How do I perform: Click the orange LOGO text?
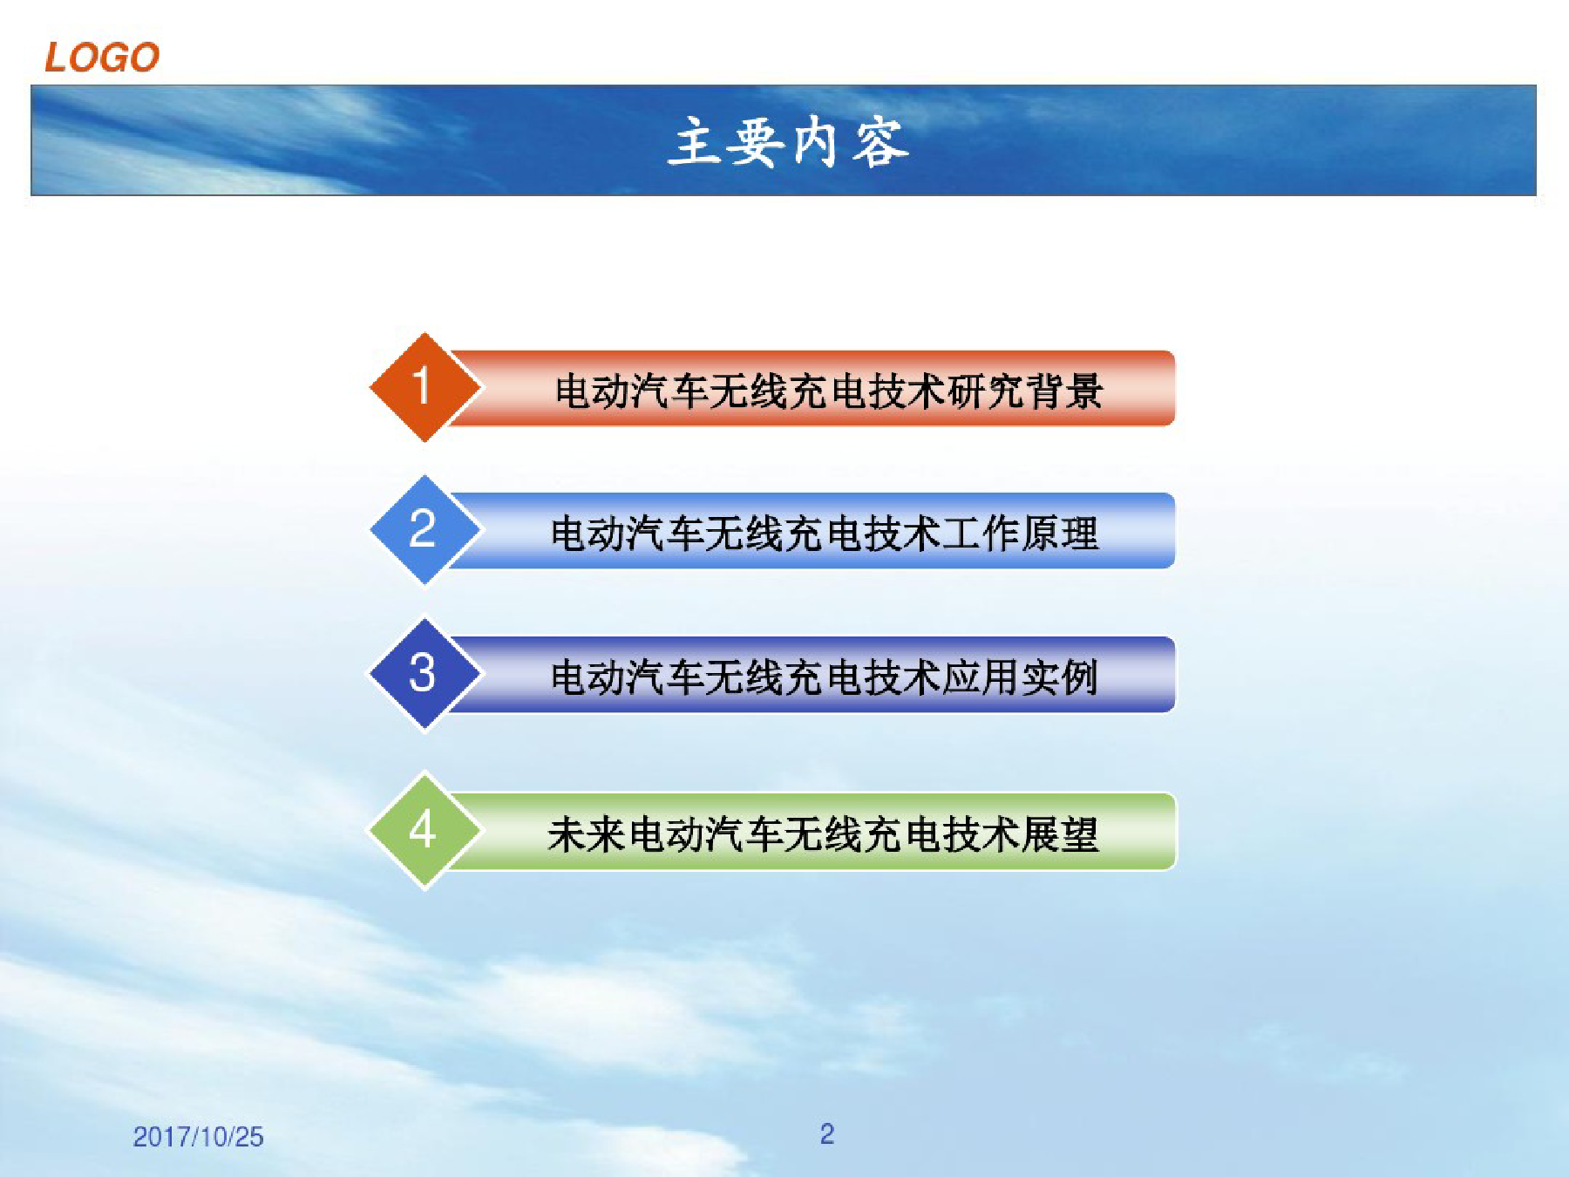(x=102, y=58)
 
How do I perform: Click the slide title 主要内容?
(x=789, y=142)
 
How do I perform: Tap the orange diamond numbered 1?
(x=425, y=387)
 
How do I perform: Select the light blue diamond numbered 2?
(x=425, y=530)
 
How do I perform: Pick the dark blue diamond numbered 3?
(x=425, y=674)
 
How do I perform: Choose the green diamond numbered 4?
(x=425, y=830)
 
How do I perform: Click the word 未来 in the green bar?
(x=587, y=834)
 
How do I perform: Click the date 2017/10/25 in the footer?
(x=198, y=1137)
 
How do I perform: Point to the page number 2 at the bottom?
(x=827, y=1133)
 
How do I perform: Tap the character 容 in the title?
(x=880, y=142)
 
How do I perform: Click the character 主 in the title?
(x=696, y=142)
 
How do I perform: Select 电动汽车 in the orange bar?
(x=633, y=390)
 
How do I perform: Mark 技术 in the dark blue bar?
(x=903, y=677)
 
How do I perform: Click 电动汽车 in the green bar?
(x=704, y=834)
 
